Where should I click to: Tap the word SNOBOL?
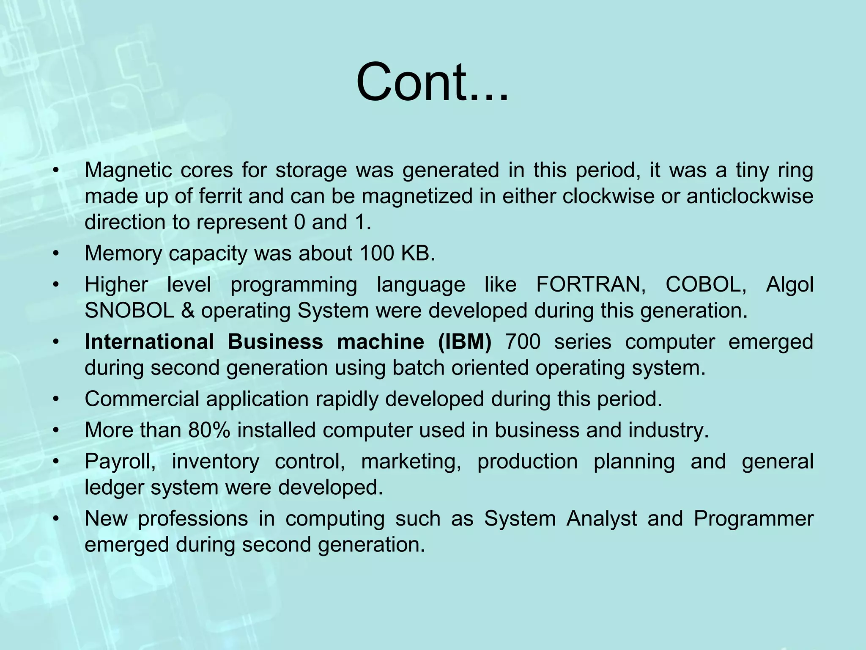pos(129,311)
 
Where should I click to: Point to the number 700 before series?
pos(523,342)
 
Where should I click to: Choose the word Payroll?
pos(120,461)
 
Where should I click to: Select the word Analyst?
pos(601,519)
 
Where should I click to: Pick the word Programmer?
pos(753,519)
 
